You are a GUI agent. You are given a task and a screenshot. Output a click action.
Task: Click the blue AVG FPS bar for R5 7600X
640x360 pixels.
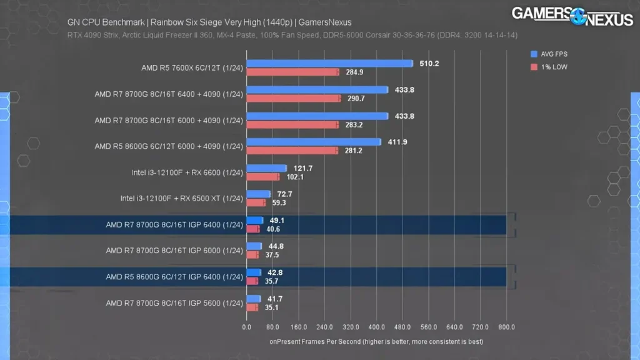pyautogui.click(x=329, y=63)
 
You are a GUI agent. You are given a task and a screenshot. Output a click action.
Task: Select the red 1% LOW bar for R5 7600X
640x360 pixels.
pyautogui.click(x=292, y=72)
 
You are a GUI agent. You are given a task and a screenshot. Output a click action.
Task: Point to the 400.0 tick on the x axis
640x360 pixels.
pyautogui.click(x=376, y=327)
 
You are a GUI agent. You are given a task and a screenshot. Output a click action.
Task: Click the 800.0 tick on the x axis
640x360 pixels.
pyautogui.click(x=506, y=327)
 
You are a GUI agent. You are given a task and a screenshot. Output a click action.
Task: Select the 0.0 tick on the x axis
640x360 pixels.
pyautogui.click(x=246, y=327)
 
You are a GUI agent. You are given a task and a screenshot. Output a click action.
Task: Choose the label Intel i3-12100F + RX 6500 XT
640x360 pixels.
pyautogui.click(x=181, y=199)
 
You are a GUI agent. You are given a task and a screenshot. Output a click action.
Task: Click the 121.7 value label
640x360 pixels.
pyautogui.click(x=302, y=168)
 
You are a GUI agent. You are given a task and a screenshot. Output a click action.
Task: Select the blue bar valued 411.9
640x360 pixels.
pyautogui.click(x=314, y=142)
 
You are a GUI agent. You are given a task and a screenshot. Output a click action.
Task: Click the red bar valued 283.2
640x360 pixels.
pyautogui.click(x=292, y=124)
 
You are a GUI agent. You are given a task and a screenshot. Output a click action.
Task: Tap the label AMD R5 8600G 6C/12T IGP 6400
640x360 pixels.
pyautogui.click(x=174, y=277)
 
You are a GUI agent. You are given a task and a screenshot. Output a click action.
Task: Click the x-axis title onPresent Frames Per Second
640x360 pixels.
pyautogui.click(x=376, y=342)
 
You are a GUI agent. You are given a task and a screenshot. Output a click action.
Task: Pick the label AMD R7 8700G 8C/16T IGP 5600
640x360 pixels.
pyautogui.click(x=174, y=303)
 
